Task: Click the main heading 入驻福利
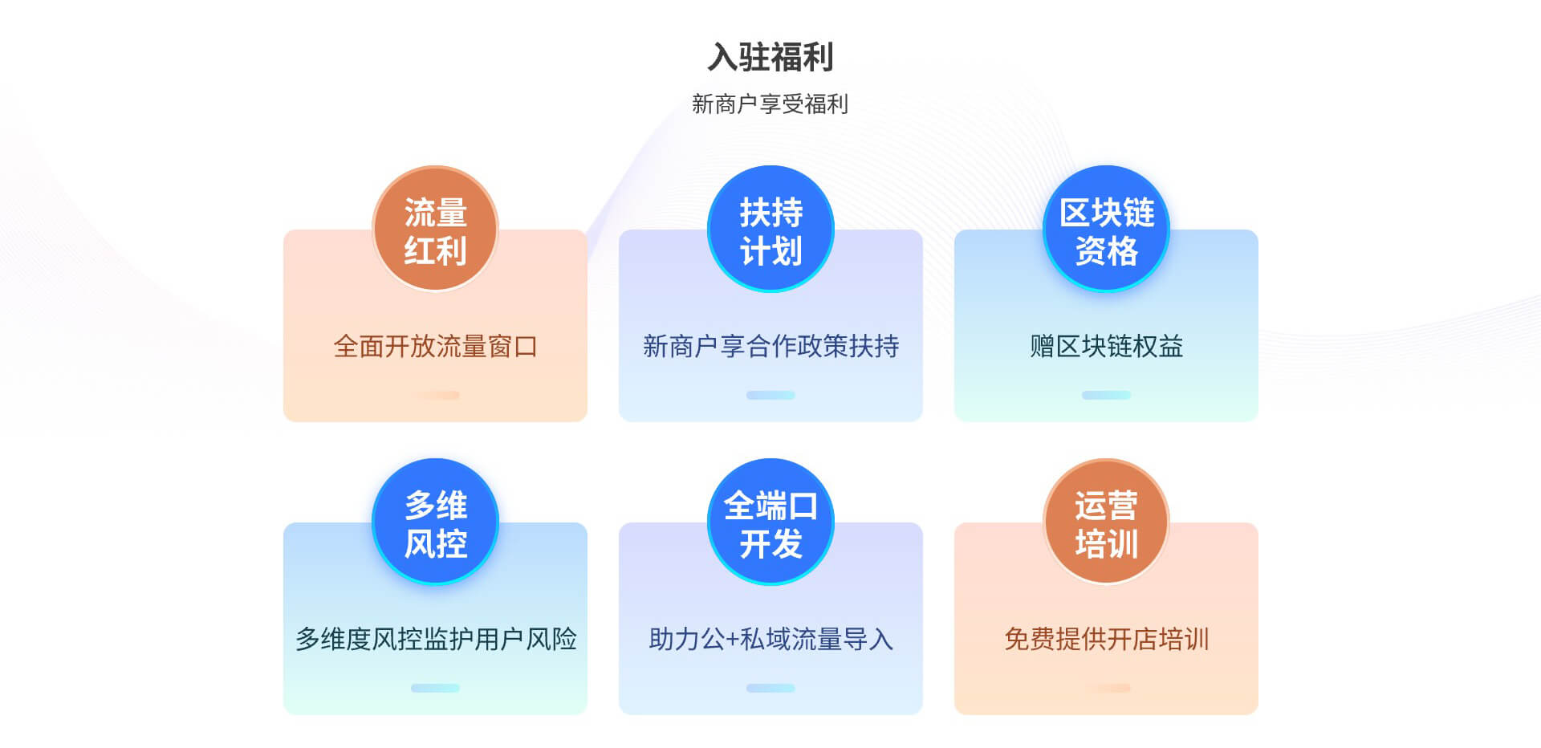(x=770, y=57)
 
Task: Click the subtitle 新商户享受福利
(x=770, y=104)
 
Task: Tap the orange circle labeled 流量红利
(x=435, y=229)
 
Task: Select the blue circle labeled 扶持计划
(x=770, y=229)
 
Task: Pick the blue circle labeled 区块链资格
(x=1106, y=229)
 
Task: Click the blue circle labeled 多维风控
(x=435, y=522)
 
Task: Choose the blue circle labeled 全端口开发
(x=770, y=522)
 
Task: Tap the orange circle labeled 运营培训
(x=1106, y=522)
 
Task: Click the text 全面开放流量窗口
(x=435, y=347)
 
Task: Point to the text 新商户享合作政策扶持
(x=770, y=347)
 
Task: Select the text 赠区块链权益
(x=1106, y=347)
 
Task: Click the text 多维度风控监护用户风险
(x=435, y=640)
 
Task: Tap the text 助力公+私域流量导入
(x=770, y=640)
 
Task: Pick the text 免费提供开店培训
(x=1106, y=640)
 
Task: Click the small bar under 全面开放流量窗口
(x=435, y=395)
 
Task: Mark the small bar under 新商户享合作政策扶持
(x=770, y=395)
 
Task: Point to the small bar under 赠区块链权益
(x=1106, y=395)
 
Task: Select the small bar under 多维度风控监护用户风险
(x=435, y=688)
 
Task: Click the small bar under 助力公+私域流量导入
(x=770, y=688)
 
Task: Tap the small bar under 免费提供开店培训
(x=1106, y=688)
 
